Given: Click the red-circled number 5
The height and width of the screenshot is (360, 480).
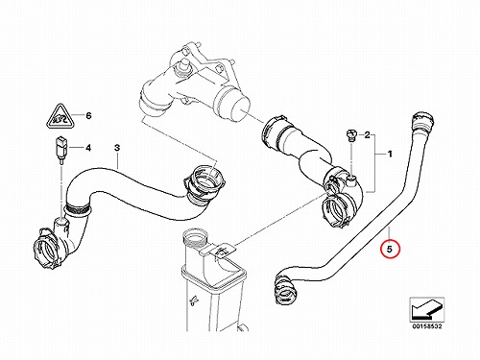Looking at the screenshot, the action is click(390, 249).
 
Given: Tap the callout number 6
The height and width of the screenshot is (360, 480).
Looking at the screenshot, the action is click(88, 115).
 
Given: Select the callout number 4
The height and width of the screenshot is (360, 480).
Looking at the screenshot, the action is click(88, 148).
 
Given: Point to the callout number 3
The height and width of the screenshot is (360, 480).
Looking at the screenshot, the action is click(117, 148).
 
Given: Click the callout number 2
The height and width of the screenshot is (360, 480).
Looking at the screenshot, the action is click(367, 134).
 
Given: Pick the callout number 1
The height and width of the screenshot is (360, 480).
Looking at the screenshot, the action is click(390, 155).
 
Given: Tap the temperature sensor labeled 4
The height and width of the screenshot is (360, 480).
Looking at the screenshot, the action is click(60, 150).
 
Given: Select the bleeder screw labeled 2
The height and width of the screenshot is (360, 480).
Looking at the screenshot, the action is click(351, 134).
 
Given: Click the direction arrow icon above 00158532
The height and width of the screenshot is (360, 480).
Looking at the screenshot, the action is click(427, 309).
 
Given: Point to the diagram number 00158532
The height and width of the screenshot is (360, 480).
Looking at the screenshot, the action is click(427, 326).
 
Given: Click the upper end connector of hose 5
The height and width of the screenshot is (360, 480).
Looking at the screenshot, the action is click(423, 121).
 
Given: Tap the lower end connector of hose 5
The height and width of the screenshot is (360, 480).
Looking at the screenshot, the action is click(284, 290).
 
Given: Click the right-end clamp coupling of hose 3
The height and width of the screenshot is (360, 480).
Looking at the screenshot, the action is click(204, 184).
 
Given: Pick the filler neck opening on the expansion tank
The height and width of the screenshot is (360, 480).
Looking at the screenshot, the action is click(195, 239).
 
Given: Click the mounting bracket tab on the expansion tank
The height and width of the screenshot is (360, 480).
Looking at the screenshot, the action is click(220, 250).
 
